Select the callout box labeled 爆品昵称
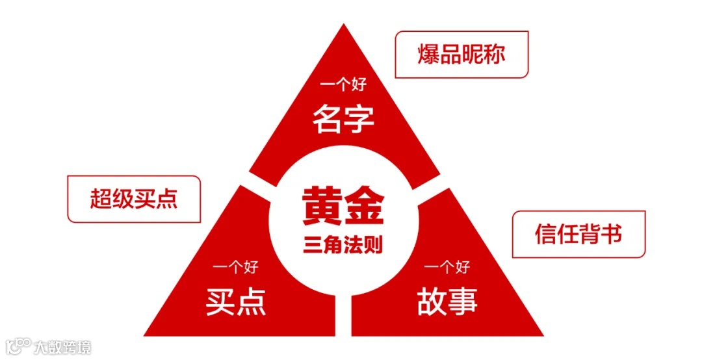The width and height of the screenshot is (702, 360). coord(461,55)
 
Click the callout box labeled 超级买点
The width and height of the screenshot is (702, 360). coord(134,199)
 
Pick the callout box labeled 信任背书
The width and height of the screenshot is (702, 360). coord(578,234)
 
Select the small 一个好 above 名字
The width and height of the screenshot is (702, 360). coord(343,85)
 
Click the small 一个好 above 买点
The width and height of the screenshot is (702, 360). coord(236,266)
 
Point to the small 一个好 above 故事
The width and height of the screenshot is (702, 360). coord(447,266)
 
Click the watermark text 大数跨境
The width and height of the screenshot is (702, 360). coord(64,346)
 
